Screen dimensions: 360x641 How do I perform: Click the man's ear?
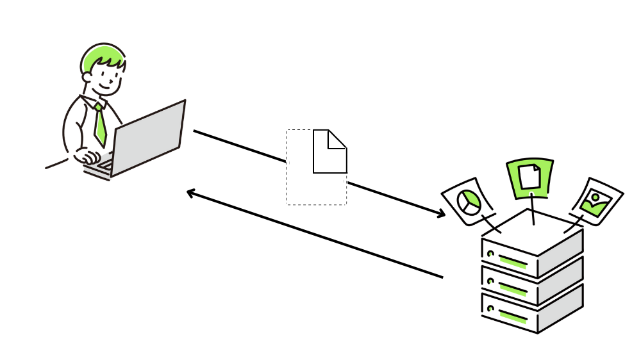pos(87,78)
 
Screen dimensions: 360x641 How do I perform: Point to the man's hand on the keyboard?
pos(87,156)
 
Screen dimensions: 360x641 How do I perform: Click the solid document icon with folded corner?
pos(329,154)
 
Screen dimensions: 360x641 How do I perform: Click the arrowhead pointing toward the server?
pos(441,213)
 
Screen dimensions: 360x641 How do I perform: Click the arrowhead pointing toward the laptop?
pos(190,192)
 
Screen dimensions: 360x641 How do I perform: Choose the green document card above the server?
pos(530,177)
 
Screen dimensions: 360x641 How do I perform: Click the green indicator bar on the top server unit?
pos(512,261)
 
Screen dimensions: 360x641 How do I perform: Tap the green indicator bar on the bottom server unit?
pos(512,316)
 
